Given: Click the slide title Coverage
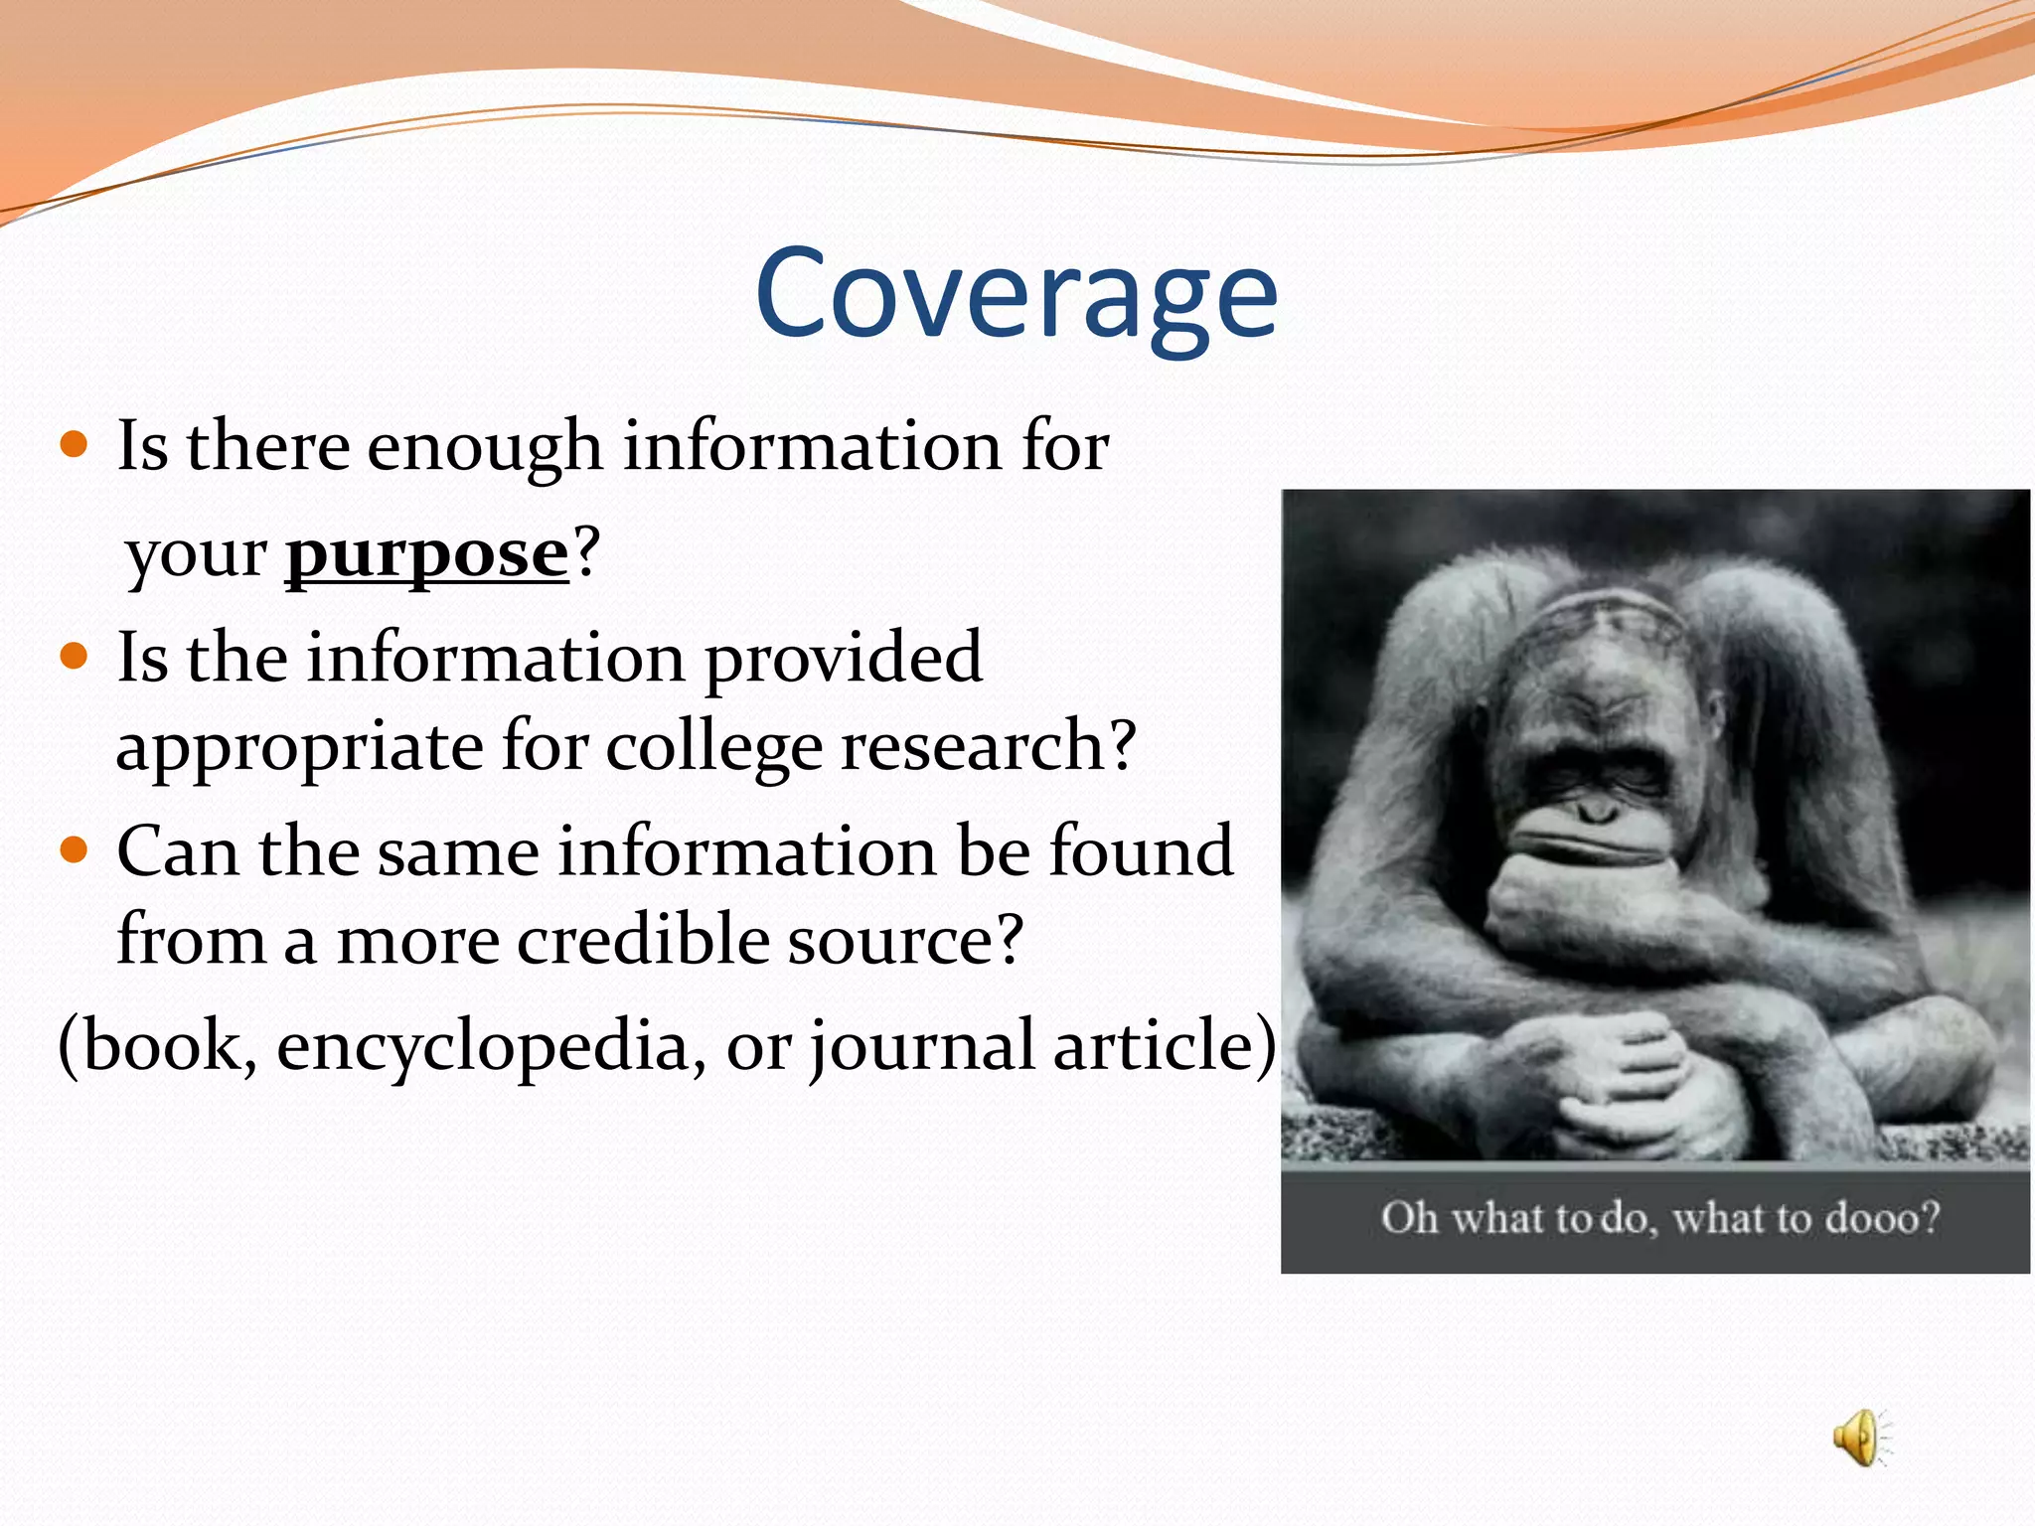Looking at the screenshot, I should click(1016, 295).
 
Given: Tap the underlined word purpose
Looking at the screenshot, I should click(427, 554).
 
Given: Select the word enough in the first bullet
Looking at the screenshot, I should click(485, 447).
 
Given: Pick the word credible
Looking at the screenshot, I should click(643, 939).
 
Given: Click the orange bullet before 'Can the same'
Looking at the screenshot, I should click(75, 850).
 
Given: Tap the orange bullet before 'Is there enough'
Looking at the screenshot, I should click(75, 443).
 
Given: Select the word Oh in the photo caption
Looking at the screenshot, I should click(1409, 1218).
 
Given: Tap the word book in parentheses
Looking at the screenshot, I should click(159, 1046).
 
